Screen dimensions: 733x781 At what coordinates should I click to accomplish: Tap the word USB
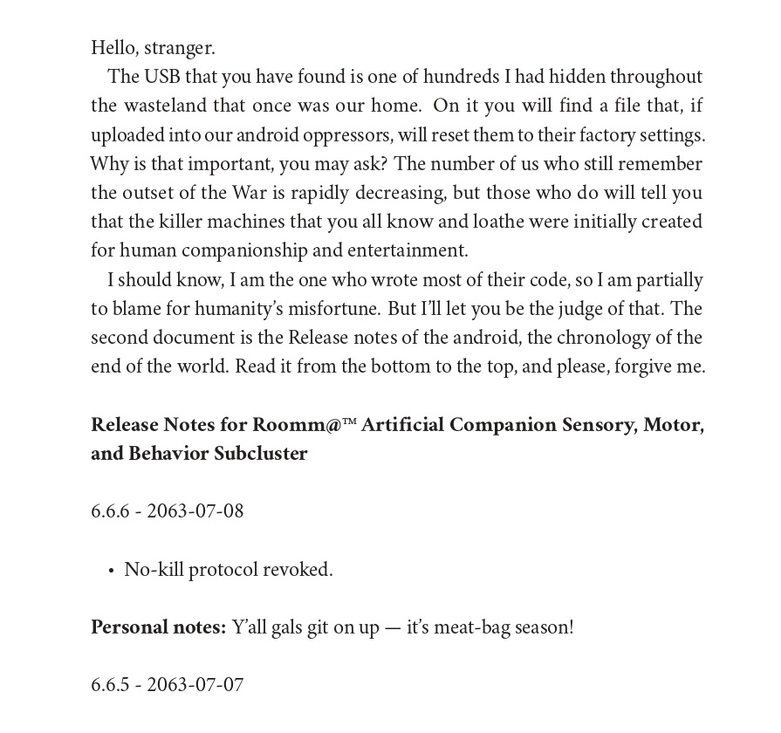click(162, 77)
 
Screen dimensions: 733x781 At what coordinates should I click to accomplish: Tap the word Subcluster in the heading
click(260, 454)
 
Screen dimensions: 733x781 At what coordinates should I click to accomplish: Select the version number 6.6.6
click(110, 511)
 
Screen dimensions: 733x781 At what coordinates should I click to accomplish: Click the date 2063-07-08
click(195, 511)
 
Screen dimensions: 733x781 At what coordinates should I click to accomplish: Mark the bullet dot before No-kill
click(111, 571)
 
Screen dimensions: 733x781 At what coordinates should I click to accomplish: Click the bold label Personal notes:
click(158, 627)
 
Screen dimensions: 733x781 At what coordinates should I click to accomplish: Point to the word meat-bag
click(471, 627)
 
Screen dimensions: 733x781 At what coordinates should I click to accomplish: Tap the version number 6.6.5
click(110, 685)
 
